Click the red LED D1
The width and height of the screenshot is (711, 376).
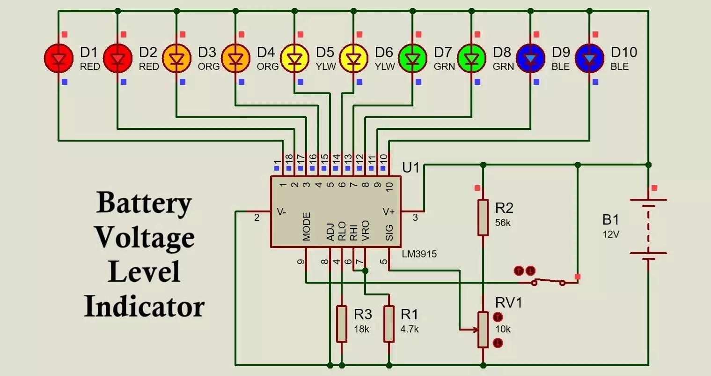[59, 59]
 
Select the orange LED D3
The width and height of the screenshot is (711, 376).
[176, 59]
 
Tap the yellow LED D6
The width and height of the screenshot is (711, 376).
[353, 59]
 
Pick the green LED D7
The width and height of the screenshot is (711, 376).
[412, 59]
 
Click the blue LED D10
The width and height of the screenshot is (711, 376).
[589, 59]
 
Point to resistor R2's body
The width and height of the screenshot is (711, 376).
[483, 217]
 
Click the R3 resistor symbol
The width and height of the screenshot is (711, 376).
[342, 324]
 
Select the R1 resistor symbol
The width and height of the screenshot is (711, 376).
[389, 324]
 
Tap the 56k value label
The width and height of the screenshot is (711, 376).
[503, 223]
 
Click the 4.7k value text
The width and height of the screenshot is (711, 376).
[410, 329]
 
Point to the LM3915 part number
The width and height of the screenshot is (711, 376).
[419, 254]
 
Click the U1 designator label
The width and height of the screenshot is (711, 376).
[411, 168]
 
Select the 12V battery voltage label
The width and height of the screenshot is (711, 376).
[611, 234]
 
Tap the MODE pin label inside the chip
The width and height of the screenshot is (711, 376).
[307, 226]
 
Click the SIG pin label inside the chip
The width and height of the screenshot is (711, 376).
[389, 232]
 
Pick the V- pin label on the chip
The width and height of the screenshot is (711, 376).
[281, 212]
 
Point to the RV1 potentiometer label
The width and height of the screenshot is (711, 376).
[508, 302]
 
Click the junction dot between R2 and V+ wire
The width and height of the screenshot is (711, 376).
[483, 165]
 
